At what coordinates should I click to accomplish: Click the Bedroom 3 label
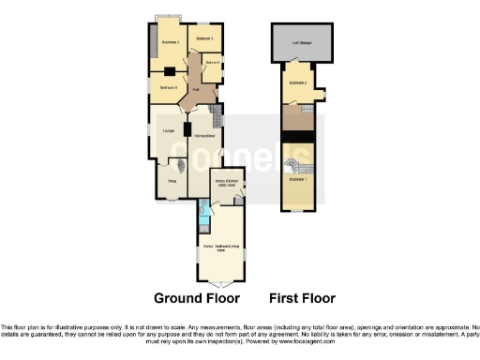click(x=170, y=43)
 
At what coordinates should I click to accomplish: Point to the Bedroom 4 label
click(x=168, y=87)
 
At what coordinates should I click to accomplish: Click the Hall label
click(x=195, y=91)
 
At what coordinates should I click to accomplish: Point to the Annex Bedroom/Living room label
click(x=223, y=247)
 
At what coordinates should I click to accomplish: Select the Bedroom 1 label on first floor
click(x=297, y=178)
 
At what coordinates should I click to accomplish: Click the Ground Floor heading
click(x=197, y=298)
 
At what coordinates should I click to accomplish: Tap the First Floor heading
click(x=302, y=298)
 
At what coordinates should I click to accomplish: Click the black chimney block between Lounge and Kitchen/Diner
click(x=187, y=129)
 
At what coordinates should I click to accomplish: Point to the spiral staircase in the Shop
click(x=182, y=164)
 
